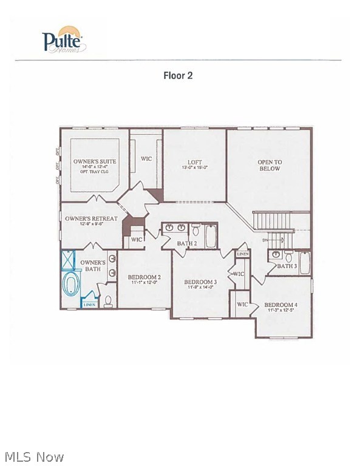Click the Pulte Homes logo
pos(64,40)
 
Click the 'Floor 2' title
pos(178,76)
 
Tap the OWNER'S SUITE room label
pos(95,162)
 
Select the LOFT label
pos(194,162)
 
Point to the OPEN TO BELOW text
pos(269,165)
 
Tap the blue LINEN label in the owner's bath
pos(89,304)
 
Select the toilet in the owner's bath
pos(109,300)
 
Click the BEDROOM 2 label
pos(144,278)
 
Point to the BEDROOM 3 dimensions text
pos(200,288)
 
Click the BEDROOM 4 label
pos(280,305)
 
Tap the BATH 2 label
pos(187,243)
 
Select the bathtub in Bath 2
pos(211,235)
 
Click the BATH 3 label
pos(287,266)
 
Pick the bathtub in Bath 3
pos(304,263)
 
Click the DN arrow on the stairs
pos(265,240)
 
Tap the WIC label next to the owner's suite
pos(146,159)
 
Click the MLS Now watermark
pos(33,456)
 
